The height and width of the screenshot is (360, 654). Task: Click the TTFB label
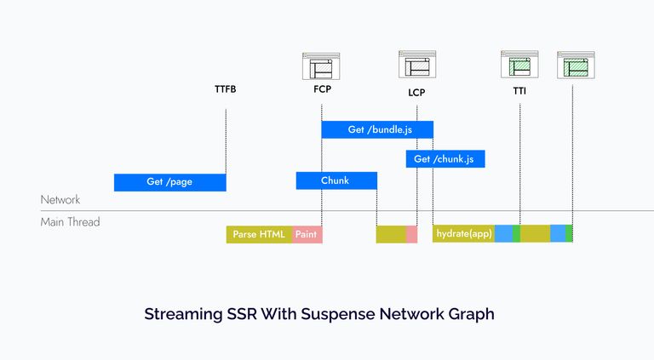(x=225, y=89)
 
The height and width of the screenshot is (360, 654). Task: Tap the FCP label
(x=322, y=89)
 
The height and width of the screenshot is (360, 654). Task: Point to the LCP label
(x=416, y=92)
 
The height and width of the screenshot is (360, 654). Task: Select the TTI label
(x=519, y=90)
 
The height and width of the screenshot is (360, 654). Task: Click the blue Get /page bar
(x=169, y=182)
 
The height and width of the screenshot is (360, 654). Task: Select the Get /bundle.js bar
(x=377, y=129)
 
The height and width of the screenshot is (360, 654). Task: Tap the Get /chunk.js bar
(x=445, y=159)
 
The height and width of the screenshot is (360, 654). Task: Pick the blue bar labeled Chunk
(x=336, y=180)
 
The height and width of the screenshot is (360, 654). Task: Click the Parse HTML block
(x=259, y=234)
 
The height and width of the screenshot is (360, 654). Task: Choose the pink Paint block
(x=307, y=234)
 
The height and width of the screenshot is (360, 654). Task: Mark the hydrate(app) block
(x=463, y=234)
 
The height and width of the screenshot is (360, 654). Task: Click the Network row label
(x=60, y=200)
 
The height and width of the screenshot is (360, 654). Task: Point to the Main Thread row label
(x=70, y=222)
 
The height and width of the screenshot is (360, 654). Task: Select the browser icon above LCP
(x=417, y=64)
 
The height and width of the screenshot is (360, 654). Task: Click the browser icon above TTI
(x=519, y=65)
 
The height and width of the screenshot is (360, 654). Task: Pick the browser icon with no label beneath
(x=576, y=65)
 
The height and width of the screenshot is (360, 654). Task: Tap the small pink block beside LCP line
(x=411, y=234)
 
